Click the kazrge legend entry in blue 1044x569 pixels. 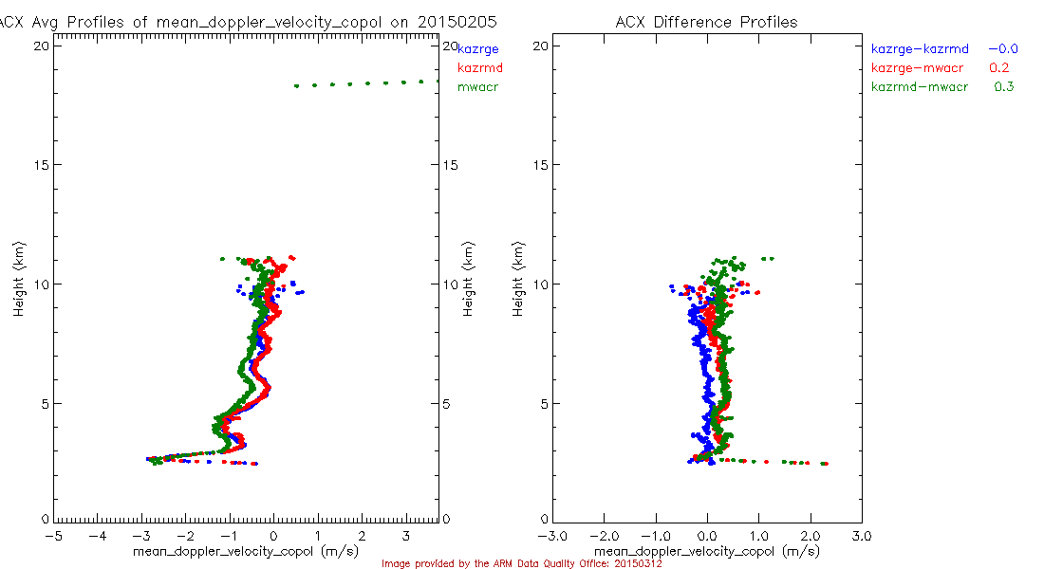coord(478,48)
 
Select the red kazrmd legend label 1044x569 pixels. coord(479,68)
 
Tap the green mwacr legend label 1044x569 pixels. coord(477,88)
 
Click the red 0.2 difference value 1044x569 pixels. coord(998,68)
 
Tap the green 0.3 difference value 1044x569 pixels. coord(1003,87)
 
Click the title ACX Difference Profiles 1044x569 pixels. coord(706,22)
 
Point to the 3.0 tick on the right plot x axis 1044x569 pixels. coord(861,536)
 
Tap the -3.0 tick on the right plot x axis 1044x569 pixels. coord(550,536)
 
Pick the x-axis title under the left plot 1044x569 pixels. coord(246,550)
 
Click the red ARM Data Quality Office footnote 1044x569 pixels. coord(521,563)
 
